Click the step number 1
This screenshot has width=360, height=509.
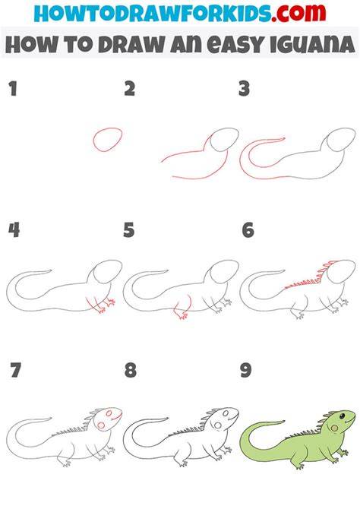tap(13, 89)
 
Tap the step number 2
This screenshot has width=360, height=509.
tap(130, 89)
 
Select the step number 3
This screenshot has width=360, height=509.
tap(244, 89)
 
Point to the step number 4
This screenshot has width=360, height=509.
tap(14, 230)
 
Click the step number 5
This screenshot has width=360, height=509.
tap(129, 230)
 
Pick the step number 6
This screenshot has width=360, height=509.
tap(248, 230)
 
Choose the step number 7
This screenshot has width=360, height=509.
tap(16, 370)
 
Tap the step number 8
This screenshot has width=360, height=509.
tap(131, 370)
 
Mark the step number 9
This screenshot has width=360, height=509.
tap(246, 370)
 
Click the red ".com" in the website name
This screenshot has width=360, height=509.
tap(298, 13)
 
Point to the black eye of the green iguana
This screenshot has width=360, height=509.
tap(342, 416)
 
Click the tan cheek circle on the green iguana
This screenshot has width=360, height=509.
tap(333, 428)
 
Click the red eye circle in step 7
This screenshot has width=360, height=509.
tap(109, 413)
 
